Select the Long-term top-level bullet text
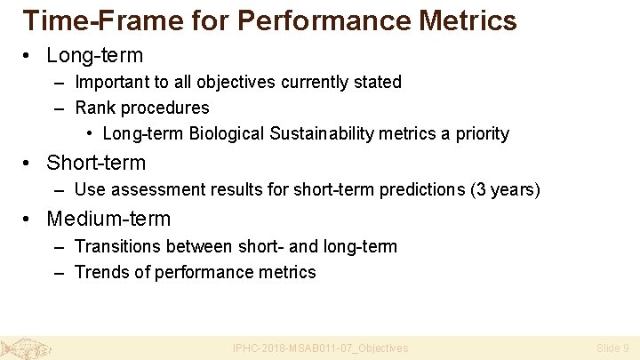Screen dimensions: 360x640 tap(94, 55)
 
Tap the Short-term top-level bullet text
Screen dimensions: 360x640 tap(96, 163)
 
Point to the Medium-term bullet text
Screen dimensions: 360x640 tap(108, 218)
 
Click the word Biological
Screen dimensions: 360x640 tap(226, 134)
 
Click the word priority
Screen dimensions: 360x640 tap(483, 134)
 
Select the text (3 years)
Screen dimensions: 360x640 tap(508, 189)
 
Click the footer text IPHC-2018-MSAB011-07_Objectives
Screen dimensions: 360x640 tap(320, 348)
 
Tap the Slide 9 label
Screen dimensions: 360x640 tap(612, 348)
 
